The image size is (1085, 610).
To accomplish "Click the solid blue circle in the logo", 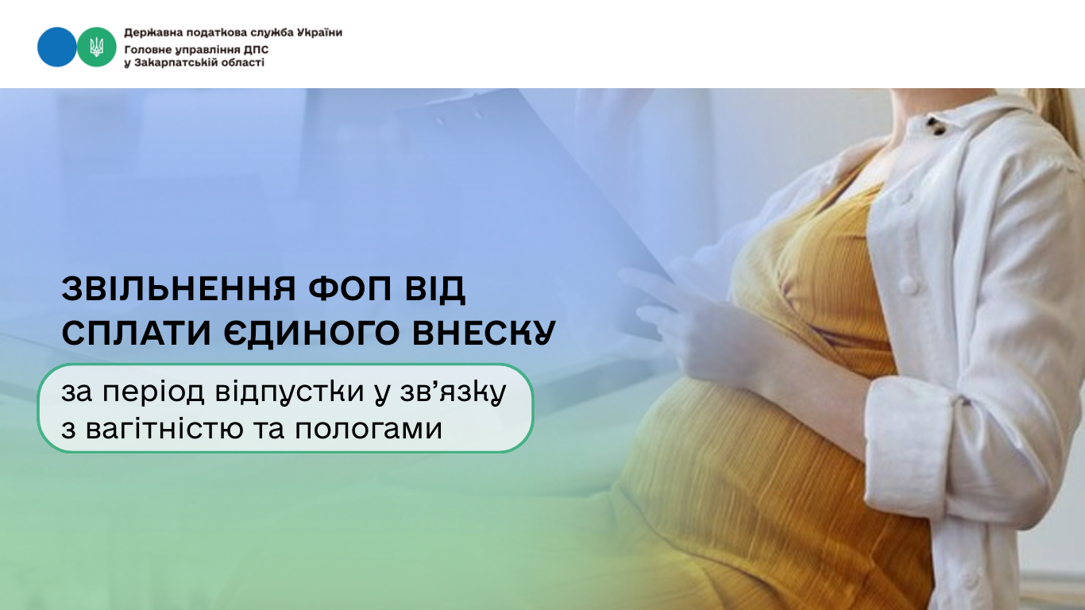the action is coord(56,47).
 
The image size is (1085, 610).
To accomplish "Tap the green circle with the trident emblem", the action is coord(96,47).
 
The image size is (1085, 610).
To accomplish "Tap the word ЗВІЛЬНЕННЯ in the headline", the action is coord(178,289).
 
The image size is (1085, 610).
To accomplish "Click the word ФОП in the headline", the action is coord(349,289).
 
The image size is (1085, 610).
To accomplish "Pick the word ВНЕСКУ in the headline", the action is coord(484,333).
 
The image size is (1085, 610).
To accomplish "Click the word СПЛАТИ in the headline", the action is coord(136,333).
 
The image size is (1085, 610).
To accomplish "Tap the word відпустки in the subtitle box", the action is coord(289,392).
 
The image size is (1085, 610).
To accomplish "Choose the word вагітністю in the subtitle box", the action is coord(164,429).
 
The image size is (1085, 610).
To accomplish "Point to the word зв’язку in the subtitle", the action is coord(453,392).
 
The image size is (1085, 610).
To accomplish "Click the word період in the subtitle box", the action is coord(153,392).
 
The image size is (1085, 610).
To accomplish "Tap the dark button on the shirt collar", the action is coord(936,126).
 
